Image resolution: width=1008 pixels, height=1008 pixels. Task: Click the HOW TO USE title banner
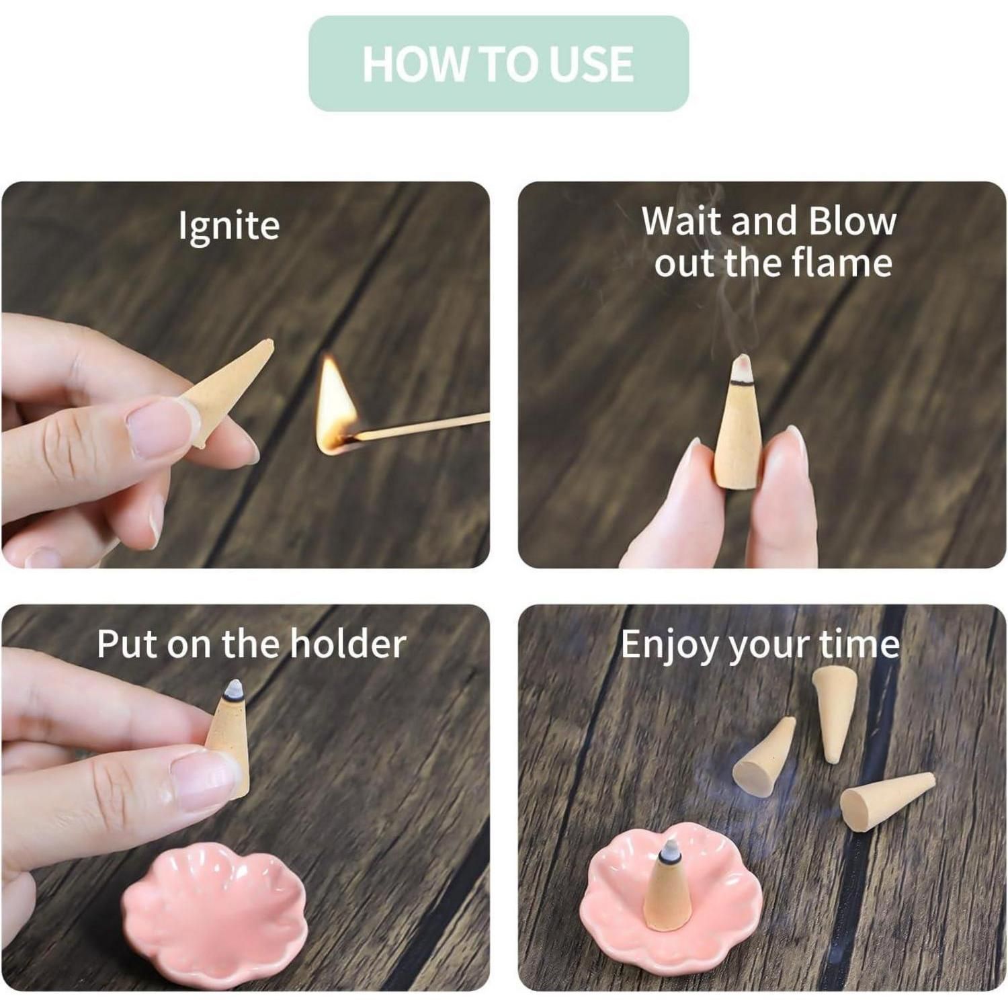pos(499,64)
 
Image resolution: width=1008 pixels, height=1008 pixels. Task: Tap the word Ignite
pos(228,226)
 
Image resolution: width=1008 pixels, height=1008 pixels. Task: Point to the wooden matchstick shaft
pos(420,427)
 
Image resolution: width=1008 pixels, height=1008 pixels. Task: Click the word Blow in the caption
pos(853,221)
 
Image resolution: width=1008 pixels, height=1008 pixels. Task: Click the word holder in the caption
pos(348,644)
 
